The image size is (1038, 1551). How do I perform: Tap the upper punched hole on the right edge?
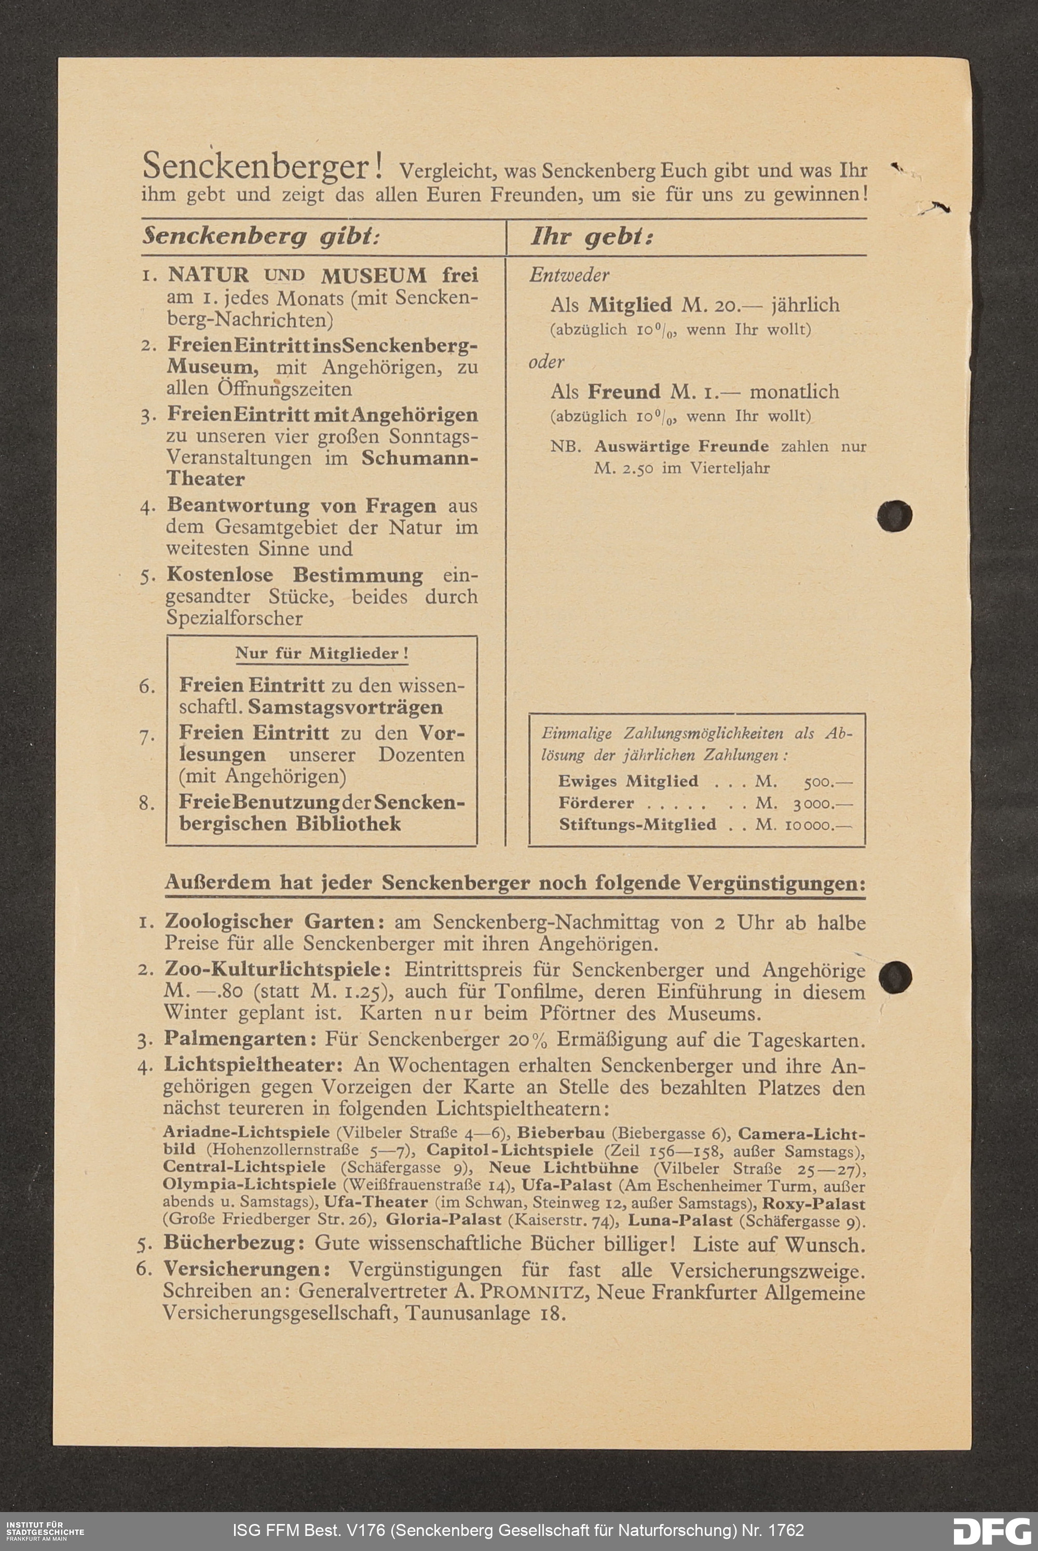click(894, 515)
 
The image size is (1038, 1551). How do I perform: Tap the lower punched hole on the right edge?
click(895, 976)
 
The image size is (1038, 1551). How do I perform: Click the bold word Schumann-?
click(420, 457)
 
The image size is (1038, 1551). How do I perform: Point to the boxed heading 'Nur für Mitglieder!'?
click(322, 654)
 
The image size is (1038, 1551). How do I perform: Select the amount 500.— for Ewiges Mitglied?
click(827, 781)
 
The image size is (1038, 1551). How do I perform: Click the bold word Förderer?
click(596, 803)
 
